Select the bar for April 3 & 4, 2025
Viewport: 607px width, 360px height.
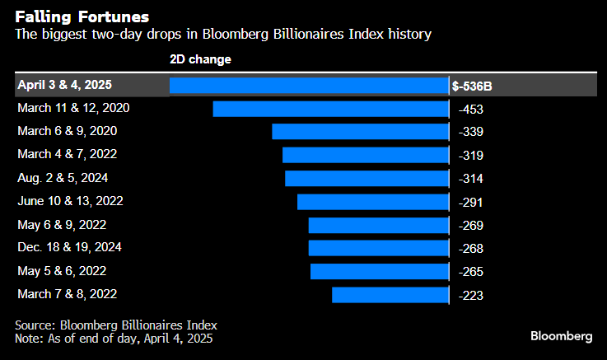pyautogui.click(x=309, y=86)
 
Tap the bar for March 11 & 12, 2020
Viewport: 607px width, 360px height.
pyautogui.click(x=330, y=109)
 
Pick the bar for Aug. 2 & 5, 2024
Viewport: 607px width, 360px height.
pyautogui.click(x=367, y=178)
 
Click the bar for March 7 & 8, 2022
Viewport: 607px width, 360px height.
pyautogui.click(x=390, y=294)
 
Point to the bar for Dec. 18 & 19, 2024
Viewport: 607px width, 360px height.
pyautogui.click(x=378, y=248)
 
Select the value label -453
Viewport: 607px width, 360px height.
pyautogui.click(x=470, y=109)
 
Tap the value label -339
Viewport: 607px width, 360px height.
pyautogui.click(x=470, y=132)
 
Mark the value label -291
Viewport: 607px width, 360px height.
pyautogui.click(x=470, y=201)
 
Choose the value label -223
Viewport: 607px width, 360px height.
pyautogui.click(x=470, y=294)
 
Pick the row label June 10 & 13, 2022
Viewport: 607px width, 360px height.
pyautogui.click(x=70, y=200)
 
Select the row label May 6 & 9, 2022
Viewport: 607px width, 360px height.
pyautogui.click(x=62, y=224)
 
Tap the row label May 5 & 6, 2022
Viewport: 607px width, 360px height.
pyautogui.click(x=62, y=270)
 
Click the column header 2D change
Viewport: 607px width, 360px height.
pyautogui.click(x=200, y=59)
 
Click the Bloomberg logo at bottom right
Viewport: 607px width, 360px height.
pyautogui.click(x=561, y=336)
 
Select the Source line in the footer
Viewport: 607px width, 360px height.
pyautogui.click(x=116, y=325)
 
